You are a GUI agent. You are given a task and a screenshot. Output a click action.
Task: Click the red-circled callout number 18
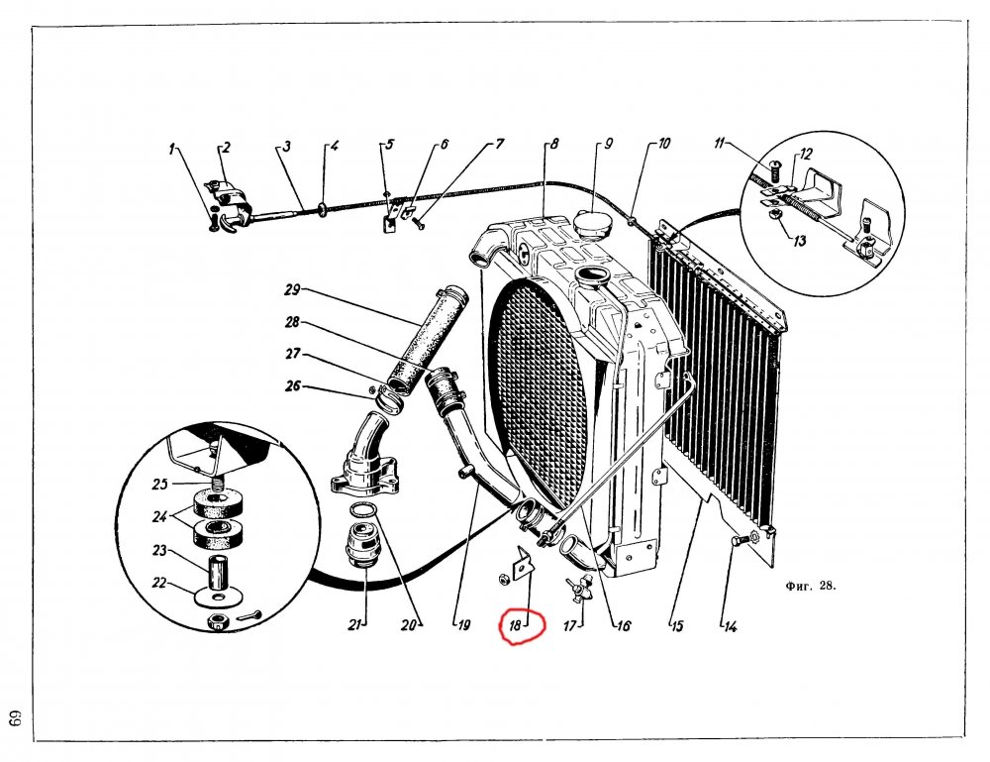[x=515, y=626]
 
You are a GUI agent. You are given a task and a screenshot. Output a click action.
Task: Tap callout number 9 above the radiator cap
[x=608, y=144]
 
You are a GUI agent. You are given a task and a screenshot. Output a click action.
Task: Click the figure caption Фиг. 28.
[x=811, y=586]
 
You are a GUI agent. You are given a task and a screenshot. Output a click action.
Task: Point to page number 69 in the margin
[x=15, y=721]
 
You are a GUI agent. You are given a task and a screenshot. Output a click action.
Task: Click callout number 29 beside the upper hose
[x=292, y=290]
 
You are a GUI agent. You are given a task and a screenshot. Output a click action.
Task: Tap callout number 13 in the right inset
[x=800, y=241]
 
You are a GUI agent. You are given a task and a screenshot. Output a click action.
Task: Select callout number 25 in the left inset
[x=159, y=484]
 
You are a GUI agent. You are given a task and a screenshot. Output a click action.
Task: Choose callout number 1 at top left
[x=170, y=150]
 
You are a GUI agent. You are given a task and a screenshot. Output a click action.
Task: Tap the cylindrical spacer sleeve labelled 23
[x=218, y=573]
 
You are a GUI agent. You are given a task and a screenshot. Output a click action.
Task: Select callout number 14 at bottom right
[x=731, y=627]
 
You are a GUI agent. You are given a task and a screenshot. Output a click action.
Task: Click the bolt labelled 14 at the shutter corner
[x=743, y=540]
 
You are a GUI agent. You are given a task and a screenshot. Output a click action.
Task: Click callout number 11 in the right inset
[x=719, y=144]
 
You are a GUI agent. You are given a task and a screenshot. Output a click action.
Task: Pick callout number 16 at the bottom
[x=623, y=626]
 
